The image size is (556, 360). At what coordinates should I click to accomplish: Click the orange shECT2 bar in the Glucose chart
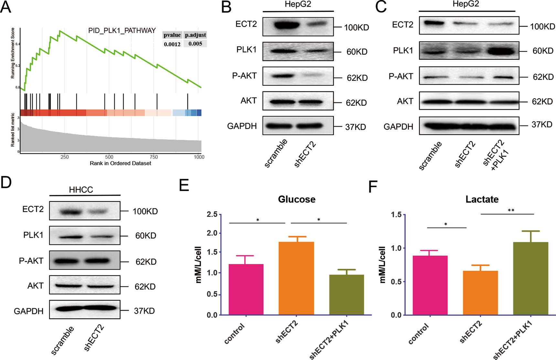[x=296, y=278]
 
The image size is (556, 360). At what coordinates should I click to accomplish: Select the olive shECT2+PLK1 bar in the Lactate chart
[x=530, y=278]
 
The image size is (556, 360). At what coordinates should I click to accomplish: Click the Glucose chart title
[x=296, y=199]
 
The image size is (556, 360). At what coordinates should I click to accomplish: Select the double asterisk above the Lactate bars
[x=511, y=210]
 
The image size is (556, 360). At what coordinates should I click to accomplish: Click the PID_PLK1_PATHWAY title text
[x=122, y=31]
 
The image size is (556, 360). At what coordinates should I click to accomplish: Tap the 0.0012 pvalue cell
[x=172, y=44]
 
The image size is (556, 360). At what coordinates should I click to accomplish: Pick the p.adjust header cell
[x=195, y=35]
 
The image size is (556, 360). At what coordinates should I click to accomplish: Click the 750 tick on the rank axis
[x=154, y=157]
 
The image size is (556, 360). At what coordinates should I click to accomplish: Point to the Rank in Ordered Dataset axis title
[x=120, y=164]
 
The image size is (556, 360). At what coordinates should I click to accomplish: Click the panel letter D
[x=6, y=183]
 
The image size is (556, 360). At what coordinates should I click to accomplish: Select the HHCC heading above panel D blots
[x=81, y=190]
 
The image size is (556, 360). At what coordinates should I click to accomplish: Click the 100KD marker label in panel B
[x=356, y=27]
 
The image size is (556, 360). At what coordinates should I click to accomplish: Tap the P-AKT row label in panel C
[x=401, y=76]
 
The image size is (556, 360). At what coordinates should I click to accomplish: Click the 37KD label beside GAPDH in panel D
[x=144, y=311]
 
